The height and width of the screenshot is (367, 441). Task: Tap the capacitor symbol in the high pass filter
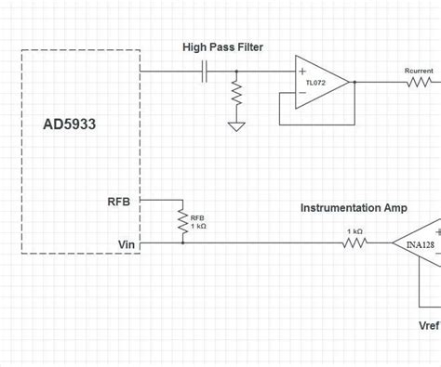tap(204, 71)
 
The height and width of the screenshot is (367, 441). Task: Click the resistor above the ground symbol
tap(237, 95)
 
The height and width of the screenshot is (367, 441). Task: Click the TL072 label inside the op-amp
tap(316, 82)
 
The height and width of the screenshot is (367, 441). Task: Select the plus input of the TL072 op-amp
tap(301, 71)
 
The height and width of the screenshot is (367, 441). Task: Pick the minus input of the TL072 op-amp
tap(301, 92)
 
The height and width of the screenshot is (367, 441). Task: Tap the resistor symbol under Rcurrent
tap(419, 82)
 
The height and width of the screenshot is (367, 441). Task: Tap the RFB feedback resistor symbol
tap(182, 220)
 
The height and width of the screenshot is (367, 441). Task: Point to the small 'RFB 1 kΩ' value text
tap(198, 223)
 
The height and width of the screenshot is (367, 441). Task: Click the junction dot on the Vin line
tap(182, 243)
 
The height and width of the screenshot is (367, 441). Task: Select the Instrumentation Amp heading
tap(354, 208)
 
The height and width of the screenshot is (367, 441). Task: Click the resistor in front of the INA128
tap(354, 243)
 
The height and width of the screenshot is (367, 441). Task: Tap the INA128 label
tap(420, 245)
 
